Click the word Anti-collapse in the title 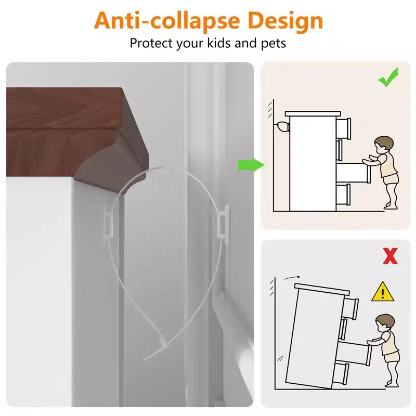(167, 20)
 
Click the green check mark (388, 77)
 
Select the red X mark (390, 256)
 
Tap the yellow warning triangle (383, 292)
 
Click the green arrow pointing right (251, 165)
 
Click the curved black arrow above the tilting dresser (292, 278)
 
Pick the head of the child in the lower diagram (385, 322)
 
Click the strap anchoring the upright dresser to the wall (282, 127)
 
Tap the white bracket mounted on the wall (224, 222)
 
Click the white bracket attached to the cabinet (108, 224)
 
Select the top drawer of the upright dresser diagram (343, 128)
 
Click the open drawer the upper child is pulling (353, 173)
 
